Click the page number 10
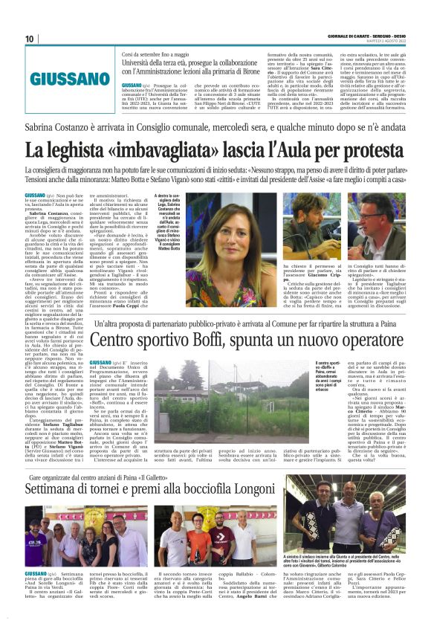[x=30, y=39]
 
